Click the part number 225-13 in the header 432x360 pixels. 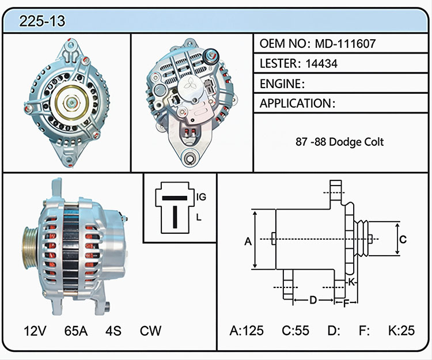(x=42, y=21)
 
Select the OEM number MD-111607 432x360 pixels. (x=345, y=44)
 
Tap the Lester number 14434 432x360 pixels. (x=321, y=63)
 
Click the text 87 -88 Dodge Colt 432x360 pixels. (x=340, y=142)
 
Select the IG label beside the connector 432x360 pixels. (x=202, y=197)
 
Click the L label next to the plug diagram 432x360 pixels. (x=199, y=218)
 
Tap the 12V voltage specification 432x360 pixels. (x=35, y=331)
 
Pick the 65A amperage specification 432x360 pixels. (x=76, y=331)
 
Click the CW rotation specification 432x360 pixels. (x=150, y=331)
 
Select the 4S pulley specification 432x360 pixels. (x=113, y=331)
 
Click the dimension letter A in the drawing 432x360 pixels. (x=248, y=241)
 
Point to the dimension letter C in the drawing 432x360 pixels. (x=403, y=239)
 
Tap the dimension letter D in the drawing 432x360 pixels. (x=313, y=300)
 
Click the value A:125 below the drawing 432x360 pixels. (x=247, y=331)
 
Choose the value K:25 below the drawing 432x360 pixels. (x=401, y=331)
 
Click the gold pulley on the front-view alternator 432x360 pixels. (x=71, y=103)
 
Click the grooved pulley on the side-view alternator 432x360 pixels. (x=31, y=247)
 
